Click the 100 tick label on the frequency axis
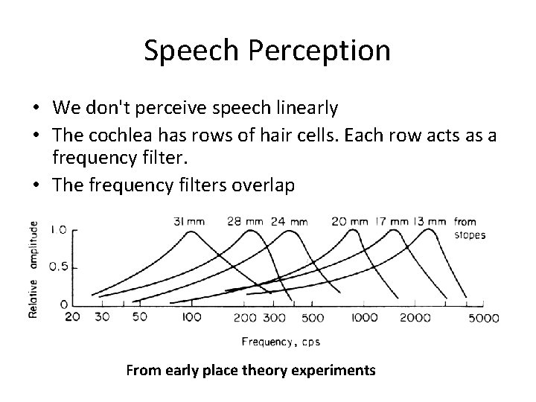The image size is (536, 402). (x=192, y=318)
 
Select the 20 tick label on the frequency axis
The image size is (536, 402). (x=71, y=317)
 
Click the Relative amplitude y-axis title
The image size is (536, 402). (x=33, y=269)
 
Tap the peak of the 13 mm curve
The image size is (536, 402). (x=430, y=230)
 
